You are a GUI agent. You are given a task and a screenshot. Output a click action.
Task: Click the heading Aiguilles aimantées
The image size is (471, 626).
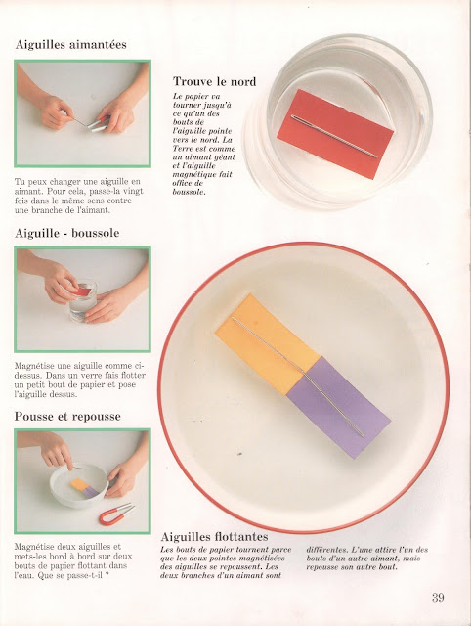click(x=71, y=44)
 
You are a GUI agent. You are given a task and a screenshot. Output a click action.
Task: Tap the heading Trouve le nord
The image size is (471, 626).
click(x=214, y=81)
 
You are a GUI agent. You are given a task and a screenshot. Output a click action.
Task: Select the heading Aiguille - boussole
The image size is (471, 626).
click(x=67, y=233)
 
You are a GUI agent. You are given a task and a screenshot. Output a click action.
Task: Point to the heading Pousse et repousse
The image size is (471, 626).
click(x=67, y=417)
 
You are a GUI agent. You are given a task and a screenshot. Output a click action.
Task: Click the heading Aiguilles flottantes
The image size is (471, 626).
click(x=214, y=536)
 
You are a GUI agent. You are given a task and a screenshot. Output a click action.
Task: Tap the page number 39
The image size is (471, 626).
click(x=438, y=598)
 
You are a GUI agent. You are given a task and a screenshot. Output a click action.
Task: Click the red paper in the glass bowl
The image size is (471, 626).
click(x=335, y=134)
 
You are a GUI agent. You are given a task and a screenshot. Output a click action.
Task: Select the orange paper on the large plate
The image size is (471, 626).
click(x=267, y=344)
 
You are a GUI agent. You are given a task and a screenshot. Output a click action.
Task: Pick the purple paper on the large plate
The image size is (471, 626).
click(x=338, y=407)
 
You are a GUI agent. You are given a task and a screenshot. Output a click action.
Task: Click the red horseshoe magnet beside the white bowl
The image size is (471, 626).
click(x=115, y=515)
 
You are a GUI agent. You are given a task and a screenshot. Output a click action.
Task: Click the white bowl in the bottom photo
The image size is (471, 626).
click(x=79, y=485)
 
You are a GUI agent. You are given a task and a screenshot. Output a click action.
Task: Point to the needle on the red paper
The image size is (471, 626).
click(x=334, y=137)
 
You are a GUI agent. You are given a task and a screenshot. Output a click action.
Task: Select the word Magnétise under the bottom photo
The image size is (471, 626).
click(x=34, y=546)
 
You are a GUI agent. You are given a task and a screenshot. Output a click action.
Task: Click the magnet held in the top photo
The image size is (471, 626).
click(x=98, y=124)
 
